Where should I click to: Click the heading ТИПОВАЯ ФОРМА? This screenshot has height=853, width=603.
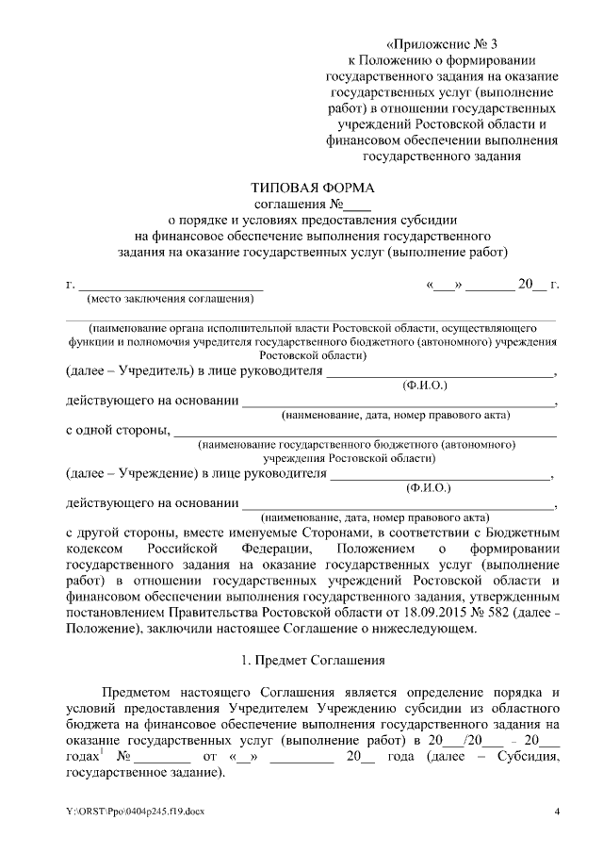click(x=312, y=188)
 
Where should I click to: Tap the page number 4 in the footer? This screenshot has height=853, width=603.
click(x=556, y=812)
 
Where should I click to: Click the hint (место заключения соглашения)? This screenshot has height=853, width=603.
click(x=170, y=301)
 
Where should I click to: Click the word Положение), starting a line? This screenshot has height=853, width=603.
click(x=103, y=628)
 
